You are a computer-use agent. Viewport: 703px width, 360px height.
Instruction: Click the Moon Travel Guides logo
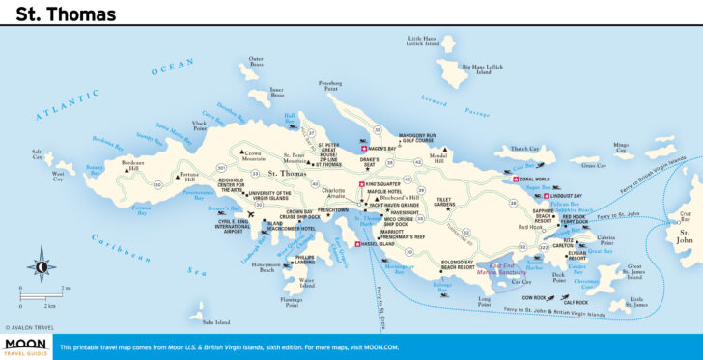[25, 347]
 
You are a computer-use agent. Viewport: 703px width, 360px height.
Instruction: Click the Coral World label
[534, 179]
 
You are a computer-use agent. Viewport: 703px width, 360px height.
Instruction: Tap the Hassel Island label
[379, 244]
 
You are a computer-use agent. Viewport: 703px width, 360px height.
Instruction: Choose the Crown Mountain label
[253, 154]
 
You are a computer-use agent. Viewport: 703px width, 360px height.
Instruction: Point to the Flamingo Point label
[292, 303]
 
